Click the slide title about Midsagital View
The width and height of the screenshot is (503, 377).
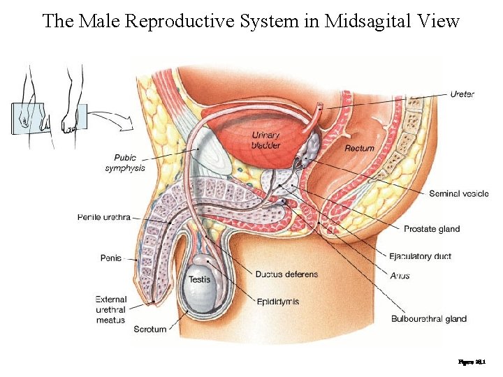pos(251,21)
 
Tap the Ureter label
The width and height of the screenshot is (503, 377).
pos(462,94)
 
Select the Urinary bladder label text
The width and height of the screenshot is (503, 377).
pos(265,140)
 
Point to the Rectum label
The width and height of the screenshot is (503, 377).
pos(359,148)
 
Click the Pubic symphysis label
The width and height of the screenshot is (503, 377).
pos(125,163)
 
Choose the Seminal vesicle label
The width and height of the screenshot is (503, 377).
pos(458,193)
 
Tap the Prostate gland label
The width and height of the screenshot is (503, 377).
pos(432,229)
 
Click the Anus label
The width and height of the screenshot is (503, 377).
pos(400,275)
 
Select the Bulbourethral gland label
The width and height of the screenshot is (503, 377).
pos(428,319)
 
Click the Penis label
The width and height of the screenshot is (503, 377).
pos(110,258)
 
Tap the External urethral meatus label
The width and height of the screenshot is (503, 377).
pos(110,309)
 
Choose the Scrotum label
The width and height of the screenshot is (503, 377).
pos(150,329)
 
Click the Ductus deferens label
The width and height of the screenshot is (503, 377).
pos(286,274)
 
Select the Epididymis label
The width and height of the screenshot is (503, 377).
pos(278,302)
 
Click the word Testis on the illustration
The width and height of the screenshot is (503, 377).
pos(199,279)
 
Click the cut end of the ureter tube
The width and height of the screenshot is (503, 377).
pos(319,108)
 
